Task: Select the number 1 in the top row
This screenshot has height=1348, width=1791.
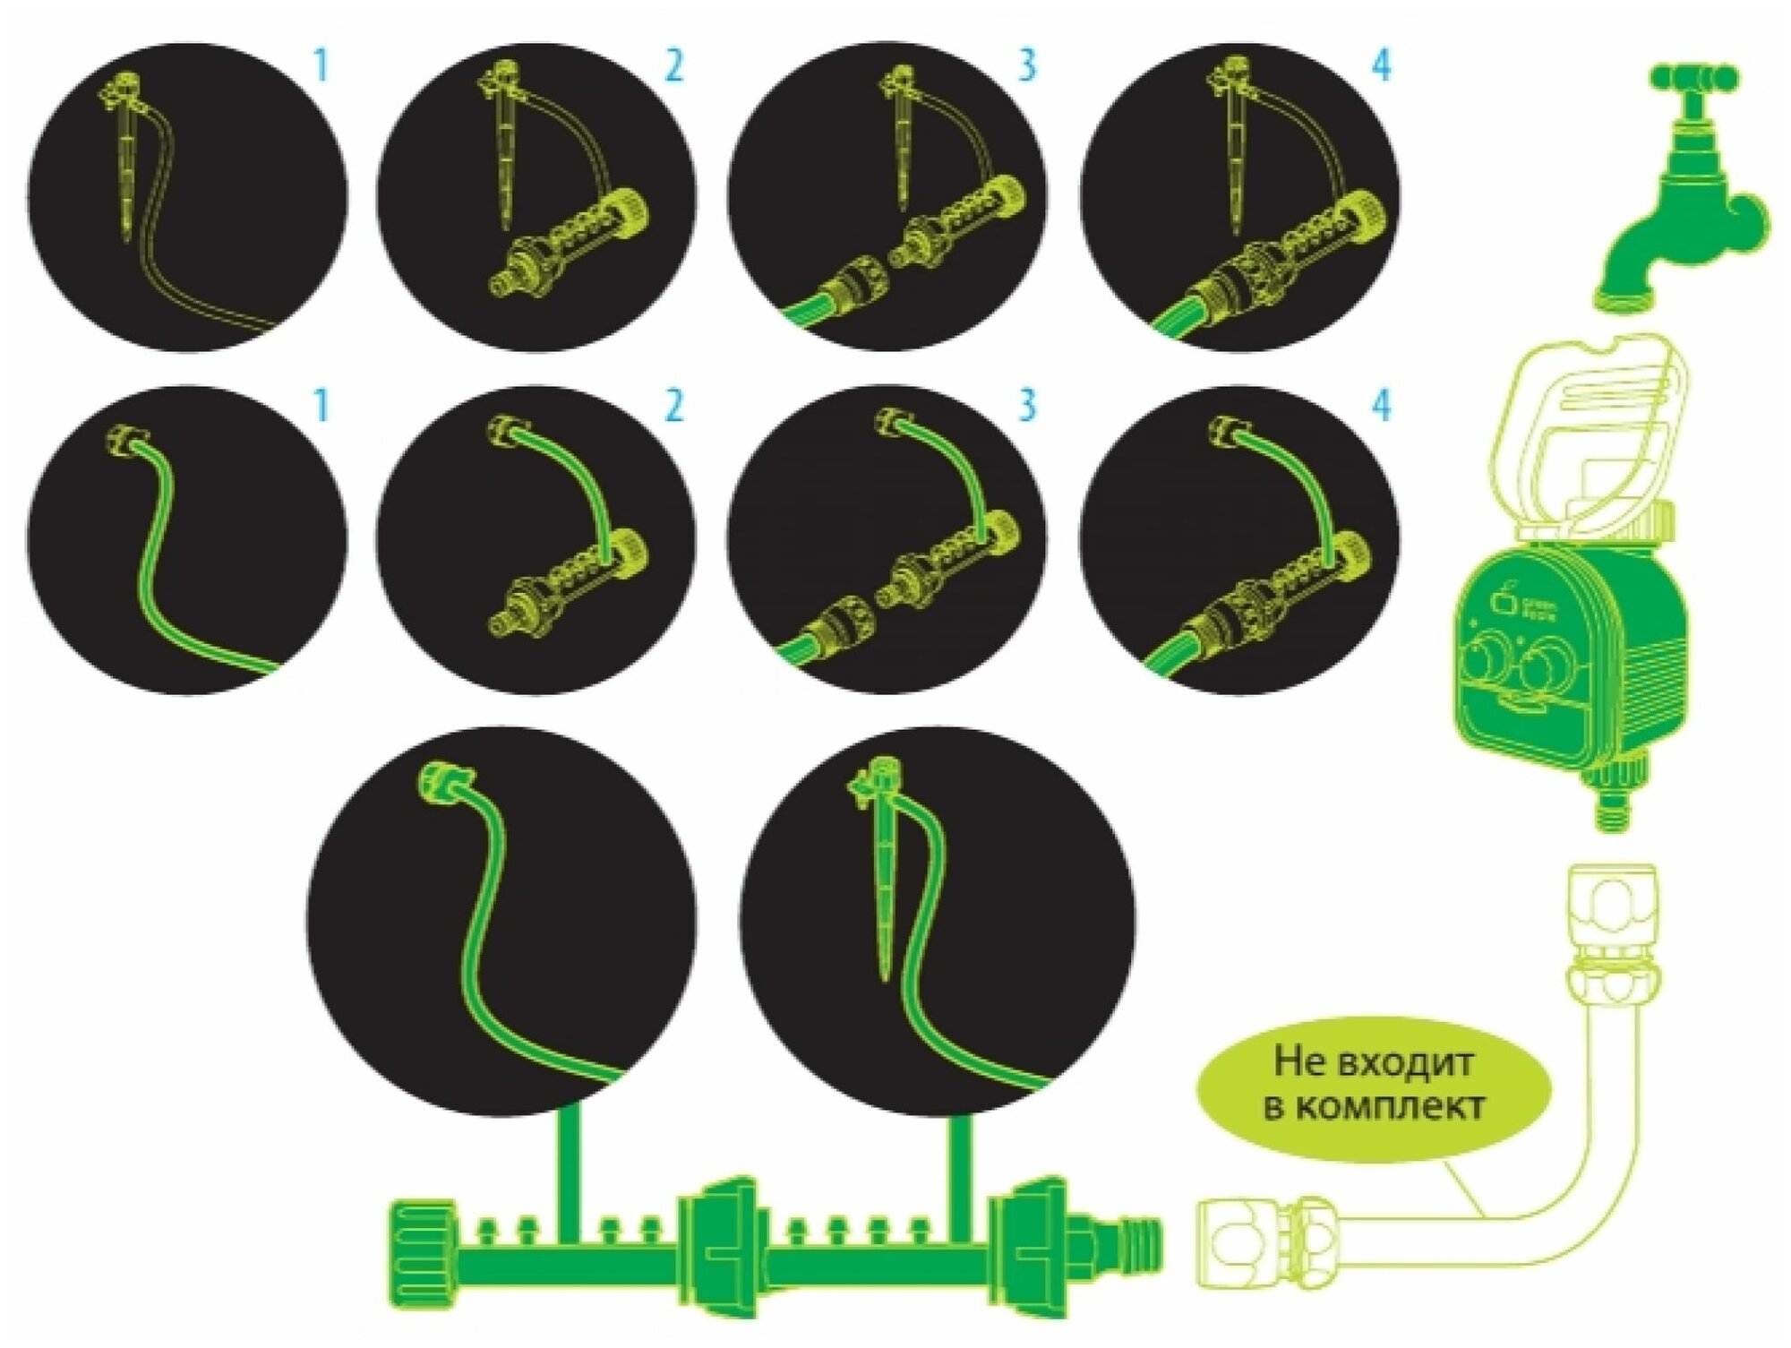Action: click(x=321, y=66)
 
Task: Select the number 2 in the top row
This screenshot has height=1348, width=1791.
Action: click(x=673, y=66)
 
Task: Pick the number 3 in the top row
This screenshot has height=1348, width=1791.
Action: click(x=1026, y=66)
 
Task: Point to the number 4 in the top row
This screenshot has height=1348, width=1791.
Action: click(x=1382, y=66)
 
